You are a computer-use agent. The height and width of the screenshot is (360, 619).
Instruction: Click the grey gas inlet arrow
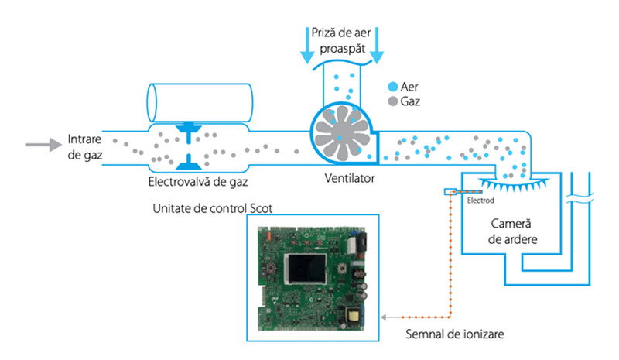point(43,144)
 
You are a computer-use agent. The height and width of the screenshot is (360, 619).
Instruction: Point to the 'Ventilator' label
point(349,178)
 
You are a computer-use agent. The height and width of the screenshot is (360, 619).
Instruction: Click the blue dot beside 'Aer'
point(394,87)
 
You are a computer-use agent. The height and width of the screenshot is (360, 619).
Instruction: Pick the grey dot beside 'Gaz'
point(394,101)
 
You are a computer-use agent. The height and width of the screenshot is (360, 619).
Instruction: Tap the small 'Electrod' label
point(480,200)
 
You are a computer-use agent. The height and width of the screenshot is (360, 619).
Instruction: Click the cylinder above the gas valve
point(200,101)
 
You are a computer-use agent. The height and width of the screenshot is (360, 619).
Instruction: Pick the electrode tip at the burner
point(450,191)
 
